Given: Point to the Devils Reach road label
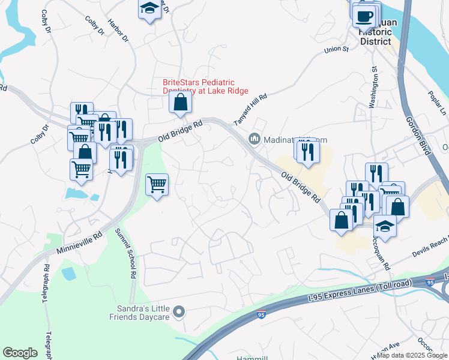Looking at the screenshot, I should (x=430, y=247).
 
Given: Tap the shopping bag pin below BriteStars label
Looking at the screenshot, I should (x=180, y=103).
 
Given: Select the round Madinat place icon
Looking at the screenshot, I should (x=255, y=140).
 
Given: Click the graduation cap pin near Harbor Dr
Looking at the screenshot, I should (x=148, y=9).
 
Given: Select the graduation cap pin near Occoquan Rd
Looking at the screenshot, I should (x=385, y=227).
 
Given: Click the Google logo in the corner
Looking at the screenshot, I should (x=20, y=353).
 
